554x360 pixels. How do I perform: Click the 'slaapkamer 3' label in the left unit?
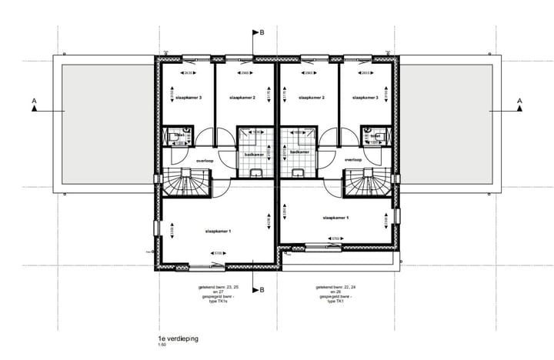click(189, 98)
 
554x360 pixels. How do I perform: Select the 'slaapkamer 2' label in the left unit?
click(242, 98)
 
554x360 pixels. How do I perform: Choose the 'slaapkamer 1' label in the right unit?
click(337, 218)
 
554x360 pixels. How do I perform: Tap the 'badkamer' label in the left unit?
click(255, 154)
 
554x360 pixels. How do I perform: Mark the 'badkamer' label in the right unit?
click(299, 152)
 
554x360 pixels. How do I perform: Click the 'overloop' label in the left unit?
click(205, 161)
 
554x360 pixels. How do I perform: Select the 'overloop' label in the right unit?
click(353, 160)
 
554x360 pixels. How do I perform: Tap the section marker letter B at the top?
click(262, 33)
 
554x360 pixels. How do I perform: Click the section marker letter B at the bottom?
click(262, 290)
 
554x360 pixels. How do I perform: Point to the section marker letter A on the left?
click(34, 101)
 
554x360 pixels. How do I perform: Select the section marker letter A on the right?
click(519, 101)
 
